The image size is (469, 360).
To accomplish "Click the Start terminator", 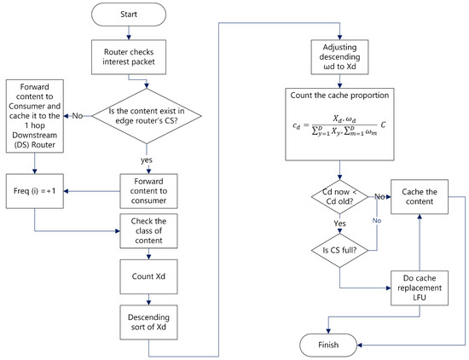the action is (129, 15).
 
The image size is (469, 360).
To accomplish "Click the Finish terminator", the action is (328, 345).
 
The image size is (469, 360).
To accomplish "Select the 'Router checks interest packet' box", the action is (129, 57).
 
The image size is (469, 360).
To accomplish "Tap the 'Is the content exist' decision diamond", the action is (147, 116).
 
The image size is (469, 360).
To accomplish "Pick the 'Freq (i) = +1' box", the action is (35, 191).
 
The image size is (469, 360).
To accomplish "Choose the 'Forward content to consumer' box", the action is (148, 191).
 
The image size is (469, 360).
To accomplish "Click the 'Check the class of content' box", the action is (148, 230).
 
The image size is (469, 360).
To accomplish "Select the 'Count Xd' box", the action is (148, 276).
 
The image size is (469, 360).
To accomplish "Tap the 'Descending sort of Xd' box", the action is (148, 322).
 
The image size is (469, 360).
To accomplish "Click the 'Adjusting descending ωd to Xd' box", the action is (339, 57).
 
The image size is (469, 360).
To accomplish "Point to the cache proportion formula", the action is (339, 125).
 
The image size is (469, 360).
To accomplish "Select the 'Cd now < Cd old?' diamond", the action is (339, 196).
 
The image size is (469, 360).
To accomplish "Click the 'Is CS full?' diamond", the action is (339, 251).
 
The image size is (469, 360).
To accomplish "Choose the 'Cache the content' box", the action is (420, 196).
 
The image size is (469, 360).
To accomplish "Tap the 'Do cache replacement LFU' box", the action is (420, 287).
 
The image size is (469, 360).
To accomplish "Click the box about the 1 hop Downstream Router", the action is (35, 116).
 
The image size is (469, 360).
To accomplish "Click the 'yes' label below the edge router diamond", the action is (147, 160).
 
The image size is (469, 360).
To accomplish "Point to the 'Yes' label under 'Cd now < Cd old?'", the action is (339, 224).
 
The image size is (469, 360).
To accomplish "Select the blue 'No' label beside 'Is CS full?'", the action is (377, 221).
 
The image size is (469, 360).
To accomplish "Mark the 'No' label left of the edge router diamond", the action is (78, 116).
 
